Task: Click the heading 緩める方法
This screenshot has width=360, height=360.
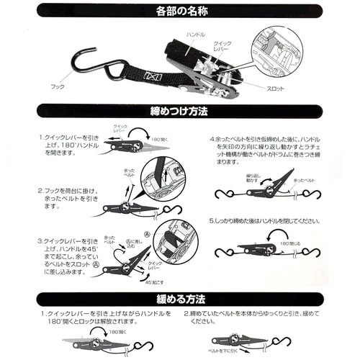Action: [180, 297]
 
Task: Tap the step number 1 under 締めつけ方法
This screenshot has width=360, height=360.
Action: [42, 137]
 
